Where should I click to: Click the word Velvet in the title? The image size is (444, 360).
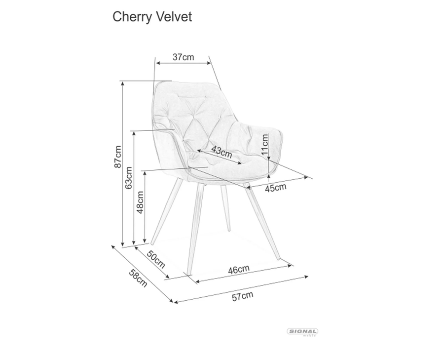174,17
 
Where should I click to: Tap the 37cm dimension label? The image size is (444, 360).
184,57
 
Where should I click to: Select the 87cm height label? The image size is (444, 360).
118,157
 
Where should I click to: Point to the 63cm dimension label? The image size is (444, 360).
129,178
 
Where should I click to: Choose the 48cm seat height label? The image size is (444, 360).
140,202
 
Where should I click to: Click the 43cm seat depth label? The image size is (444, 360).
222,152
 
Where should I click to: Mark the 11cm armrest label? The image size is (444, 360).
264,144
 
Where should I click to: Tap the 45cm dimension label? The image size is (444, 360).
275,188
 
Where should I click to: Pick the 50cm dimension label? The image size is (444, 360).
156,260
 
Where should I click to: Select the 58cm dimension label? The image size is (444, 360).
138,278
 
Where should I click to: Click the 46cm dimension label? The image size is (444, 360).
239,269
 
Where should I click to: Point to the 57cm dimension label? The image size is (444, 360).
242,296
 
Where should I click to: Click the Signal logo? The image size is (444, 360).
302,332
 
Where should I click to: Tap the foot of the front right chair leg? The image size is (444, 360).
278,258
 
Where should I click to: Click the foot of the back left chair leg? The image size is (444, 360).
152,243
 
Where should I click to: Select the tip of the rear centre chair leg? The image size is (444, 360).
229,230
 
